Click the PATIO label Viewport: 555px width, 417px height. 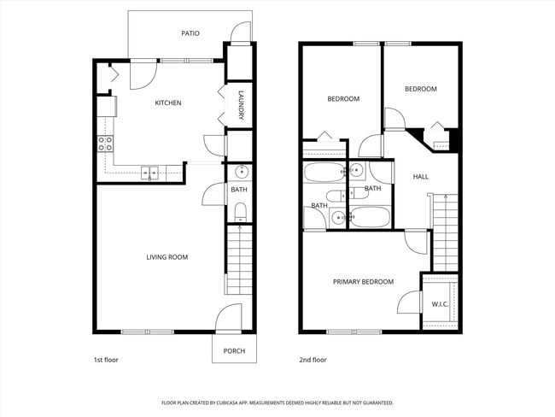pos(190,33)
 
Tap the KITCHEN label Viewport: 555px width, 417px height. pos(167,103)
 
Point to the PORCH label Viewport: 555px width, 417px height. pos(234,351)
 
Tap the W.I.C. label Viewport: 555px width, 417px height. pos(441,304)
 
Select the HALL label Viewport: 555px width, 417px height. pos(420,177)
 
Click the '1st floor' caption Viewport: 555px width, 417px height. pos(106,360)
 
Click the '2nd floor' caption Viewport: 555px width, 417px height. pos(313,360)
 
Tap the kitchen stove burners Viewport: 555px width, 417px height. pos(106,144)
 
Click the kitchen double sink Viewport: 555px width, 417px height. pos(150,173)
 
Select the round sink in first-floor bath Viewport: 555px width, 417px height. pos(240,170)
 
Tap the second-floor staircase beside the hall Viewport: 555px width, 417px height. pos(445,231)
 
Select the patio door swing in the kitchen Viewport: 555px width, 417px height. pos(142,75)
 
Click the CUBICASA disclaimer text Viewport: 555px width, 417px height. pos(277,402)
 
